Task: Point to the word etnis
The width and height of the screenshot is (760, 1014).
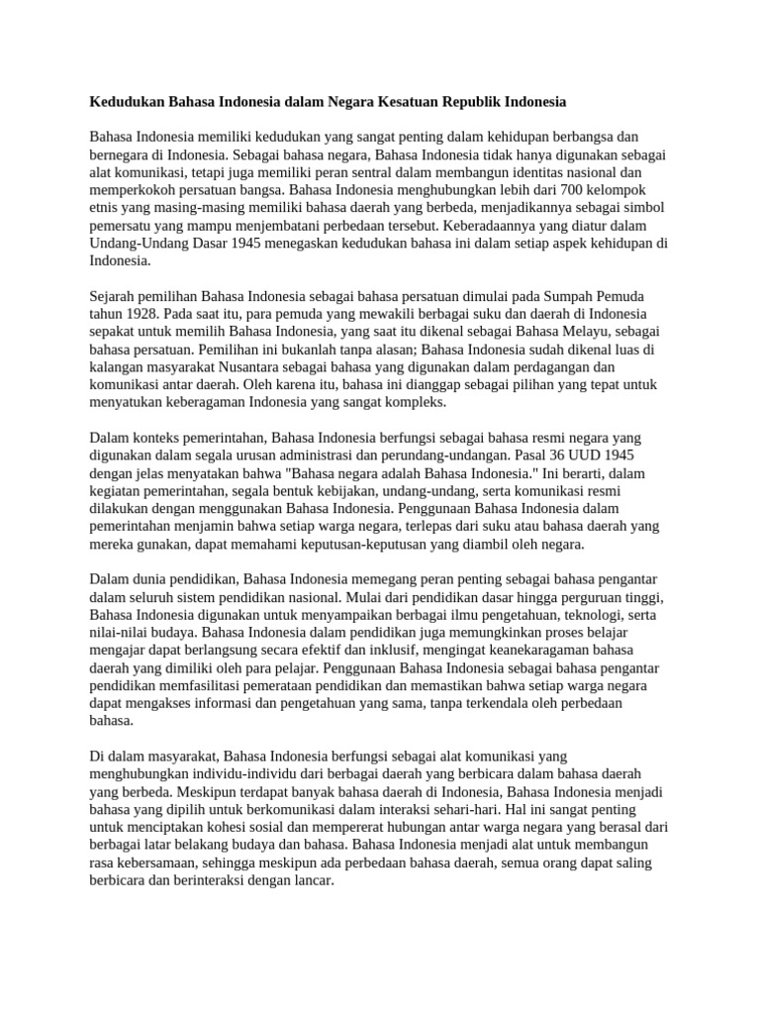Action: tap(105, 207)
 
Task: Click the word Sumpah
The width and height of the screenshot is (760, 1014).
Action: tap(576, 295)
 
